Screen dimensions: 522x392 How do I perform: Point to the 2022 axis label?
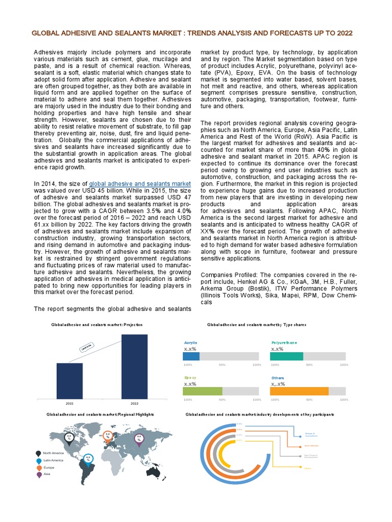(134, 403)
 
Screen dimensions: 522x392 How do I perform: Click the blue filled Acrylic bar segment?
(191, 357)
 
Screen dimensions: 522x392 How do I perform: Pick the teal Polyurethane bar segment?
(287, 357)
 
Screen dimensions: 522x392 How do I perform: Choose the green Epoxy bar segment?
(202, 391)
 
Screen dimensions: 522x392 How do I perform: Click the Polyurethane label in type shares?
(284, 343)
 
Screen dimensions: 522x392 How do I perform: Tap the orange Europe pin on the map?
(108, 436)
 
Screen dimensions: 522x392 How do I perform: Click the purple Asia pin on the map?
(139, 438)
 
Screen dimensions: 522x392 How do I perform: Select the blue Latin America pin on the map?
(88, 459)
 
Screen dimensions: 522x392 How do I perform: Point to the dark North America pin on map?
(69, 437)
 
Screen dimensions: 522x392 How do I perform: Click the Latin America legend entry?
(53, 460)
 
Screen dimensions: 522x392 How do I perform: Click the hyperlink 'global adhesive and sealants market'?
(140, 184)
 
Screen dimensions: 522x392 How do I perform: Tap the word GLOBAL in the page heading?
(45, 33)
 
